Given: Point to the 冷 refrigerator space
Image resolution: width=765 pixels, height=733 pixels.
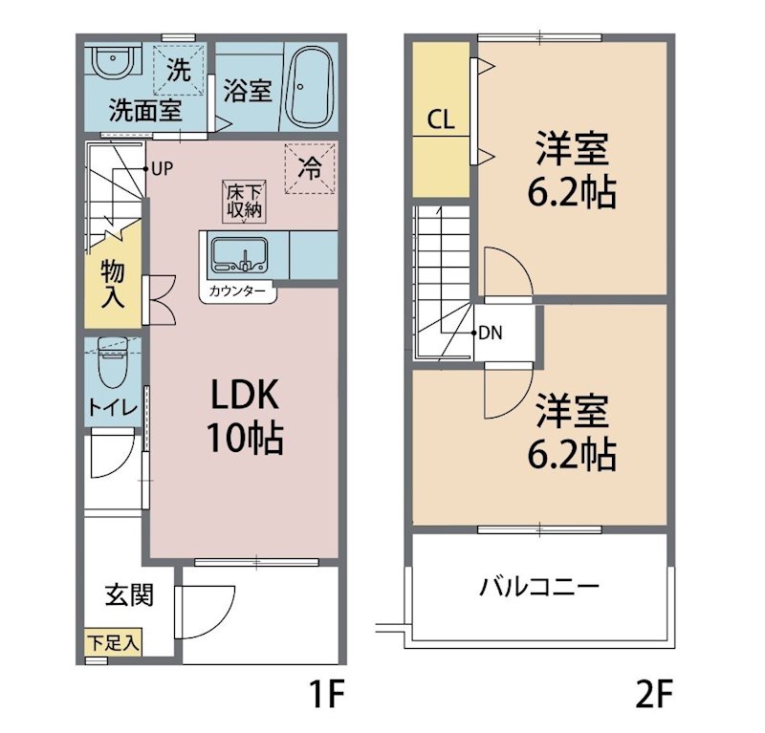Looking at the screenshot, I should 311,167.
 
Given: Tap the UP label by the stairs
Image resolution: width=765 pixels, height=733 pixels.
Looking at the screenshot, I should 161,168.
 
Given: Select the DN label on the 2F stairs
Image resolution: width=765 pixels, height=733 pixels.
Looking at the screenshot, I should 491,334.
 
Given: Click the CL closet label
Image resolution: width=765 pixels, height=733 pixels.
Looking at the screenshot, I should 441,120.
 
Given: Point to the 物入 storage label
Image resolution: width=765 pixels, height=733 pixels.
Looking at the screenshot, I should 113,282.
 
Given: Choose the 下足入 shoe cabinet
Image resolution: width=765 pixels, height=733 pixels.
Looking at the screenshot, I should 113,642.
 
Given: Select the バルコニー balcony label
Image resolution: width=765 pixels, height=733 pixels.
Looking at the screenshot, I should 539,585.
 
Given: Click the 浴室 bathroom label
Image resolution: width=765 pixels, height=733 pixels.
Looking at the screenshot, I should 249,91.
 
